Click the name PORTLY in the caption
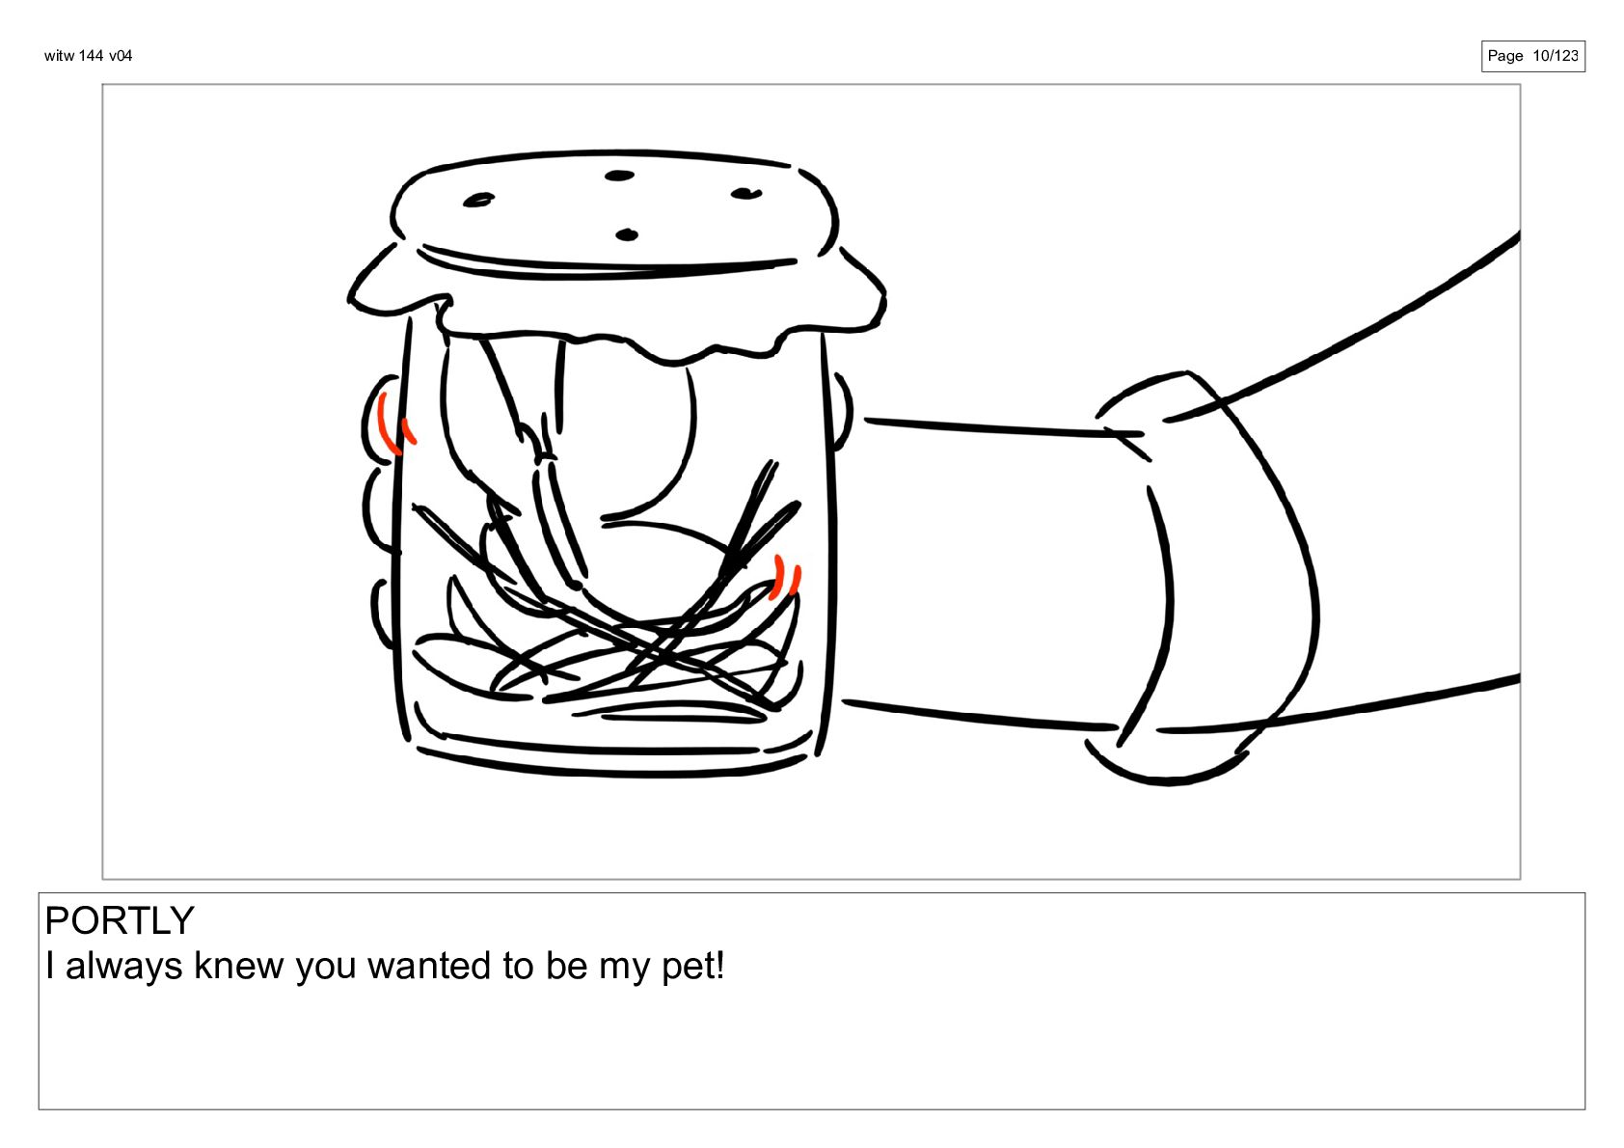click(120, 921)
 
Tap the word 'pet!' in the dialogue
click(693, 966)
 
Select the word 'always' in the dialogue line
click(124, 966)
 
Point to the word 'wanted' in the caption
click(429, 966)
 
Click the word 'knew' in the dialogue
click(238, 966)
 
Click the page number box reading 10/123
click(1532, 56)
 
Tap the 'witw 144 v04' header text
click(89, 56)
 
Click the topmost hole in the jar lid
click(619, 176)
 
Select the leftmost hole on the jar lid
click(478, 200)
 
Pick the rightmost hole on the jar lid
click(745, 194)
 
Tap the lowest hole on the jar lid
click(627, 235)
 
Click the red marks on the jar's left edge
click(395, 425)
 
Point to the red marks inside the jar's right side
click(785, 578)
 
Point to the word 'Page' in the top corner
click(1505, 56)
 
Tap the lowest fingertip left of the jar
click(377, 613)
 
